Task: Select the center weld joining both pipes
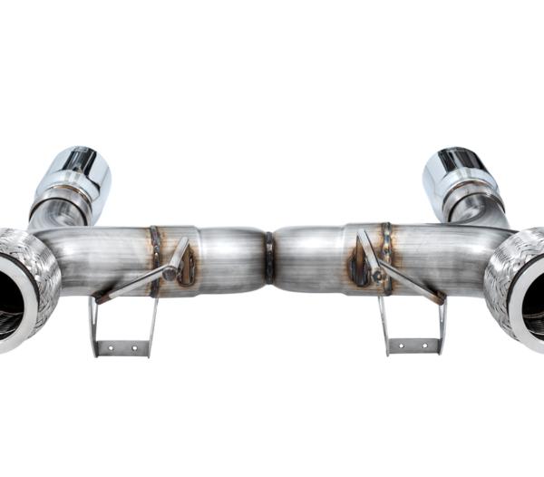268,258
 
